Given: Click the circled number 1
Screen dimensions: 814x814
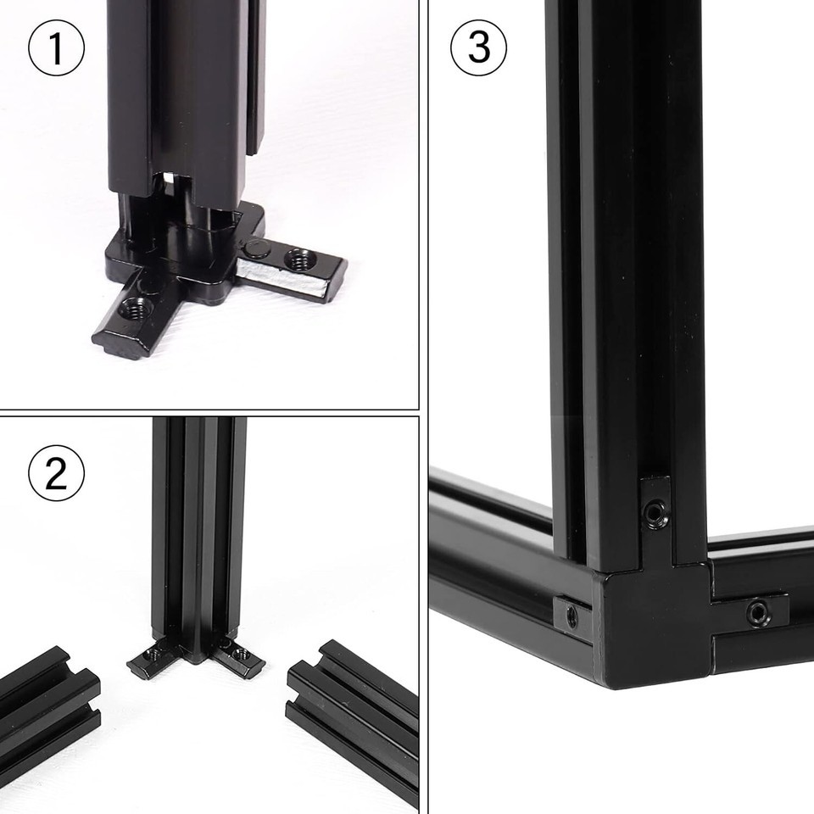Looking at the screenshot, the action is (x=56, y=47).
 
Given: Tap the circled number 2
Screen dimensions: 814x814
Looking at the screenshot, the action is (x=56, y=473).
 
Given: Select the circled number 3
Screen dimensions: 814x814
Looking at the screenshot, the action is (x=478, y=47).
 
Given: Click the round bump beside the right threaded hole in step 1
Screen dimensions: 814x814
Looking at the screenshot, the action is (x=258, y=251).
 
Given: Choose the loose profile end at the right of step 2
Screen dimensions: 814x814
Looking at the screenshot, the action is (x=353, y=722).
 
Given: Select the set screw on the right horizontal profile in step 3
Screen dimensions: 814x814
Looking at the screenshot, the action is (x=758, y=613).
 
